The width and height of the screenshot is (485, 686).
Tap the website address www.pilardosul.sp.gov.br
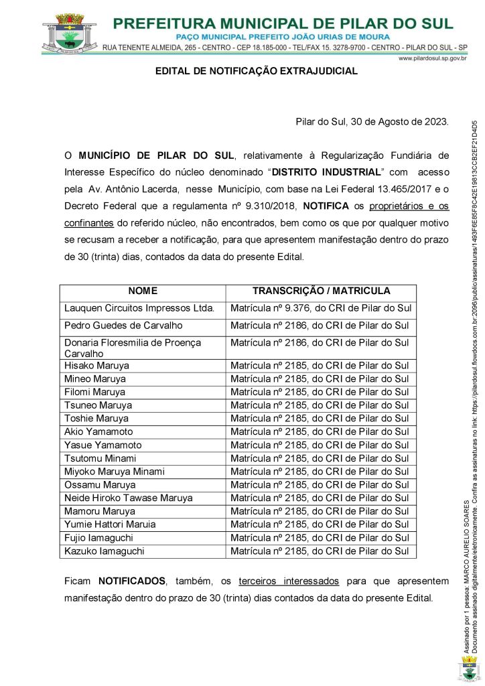(x=432, y=59)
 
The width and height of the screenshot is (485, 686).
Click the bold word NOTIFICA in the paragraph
(x=327, y=204)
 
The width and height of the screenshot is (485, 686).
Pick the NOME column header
(x=143, y=291)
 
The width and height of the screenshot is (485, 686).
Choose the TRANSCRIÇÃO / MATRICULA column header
(x=321, y=291)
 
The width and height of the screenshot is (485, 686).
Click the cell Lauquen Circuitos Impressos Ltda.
(x=139, y=308)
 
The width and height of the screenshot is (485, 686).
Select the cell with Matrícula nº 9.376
(x=320, y=308)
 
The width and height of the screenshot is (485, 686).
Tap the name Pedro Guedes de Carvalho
(x=123, y=326)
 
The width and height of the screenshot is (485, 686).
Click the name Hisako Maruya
(x=97, y=366)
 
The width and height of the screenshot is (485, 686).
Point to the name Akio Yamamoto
(x=98, y=431)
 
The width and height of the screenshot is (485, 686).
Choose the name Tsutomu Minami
(x=100, y=458)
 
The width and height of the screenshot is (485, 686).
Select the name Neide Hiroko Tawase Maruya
(x=128, y=498)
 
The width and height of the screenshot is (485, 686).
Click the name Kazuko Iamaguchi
(x=104, y=551)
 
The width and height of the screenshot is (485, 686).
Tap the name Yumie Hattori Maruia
(x=110, y=524)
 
